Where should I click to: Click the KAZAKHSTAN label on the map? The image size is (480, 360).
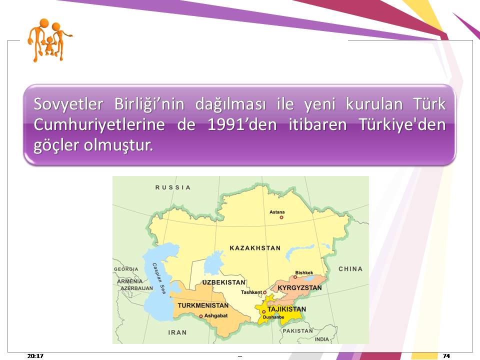[255, 248]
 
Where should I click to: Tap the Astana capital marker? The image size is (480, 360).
[281, 217]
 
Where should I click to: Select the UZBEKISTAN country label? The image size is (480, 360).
[224, 282]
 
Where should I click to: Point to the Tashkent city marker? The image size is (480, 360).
[265, 292]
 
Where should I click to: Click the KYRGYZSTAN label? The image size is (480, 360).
[299, 288]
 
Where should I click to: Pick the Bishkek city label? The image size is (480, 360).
[304, 273]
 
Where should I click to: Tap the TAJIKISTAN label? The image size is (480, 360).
[286, 309]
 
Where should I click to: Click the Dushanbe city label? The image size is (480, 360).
[273, 317]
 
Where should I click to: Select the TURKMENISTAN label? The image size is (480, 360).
[203, 305]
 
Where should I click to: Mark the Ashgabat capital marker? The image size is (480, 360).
[201, 316]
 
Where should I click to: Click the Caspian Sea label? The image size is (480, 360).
[159, 278]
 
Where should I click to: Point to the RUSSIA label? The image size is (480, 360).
[173, 187]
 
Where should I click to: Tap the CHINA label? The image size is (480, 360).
[350, 269]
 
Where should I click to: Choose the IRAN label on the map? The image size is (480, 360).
[177, 332]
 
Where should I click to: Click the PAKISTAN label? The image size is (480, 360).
[298, 331]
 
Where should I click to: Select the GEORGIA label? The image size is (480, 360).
[126, 269]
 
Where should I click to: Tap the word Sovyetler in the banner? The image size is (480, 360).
[68, 104]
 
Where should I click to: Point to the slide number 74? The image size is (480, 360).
[446, 355]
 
